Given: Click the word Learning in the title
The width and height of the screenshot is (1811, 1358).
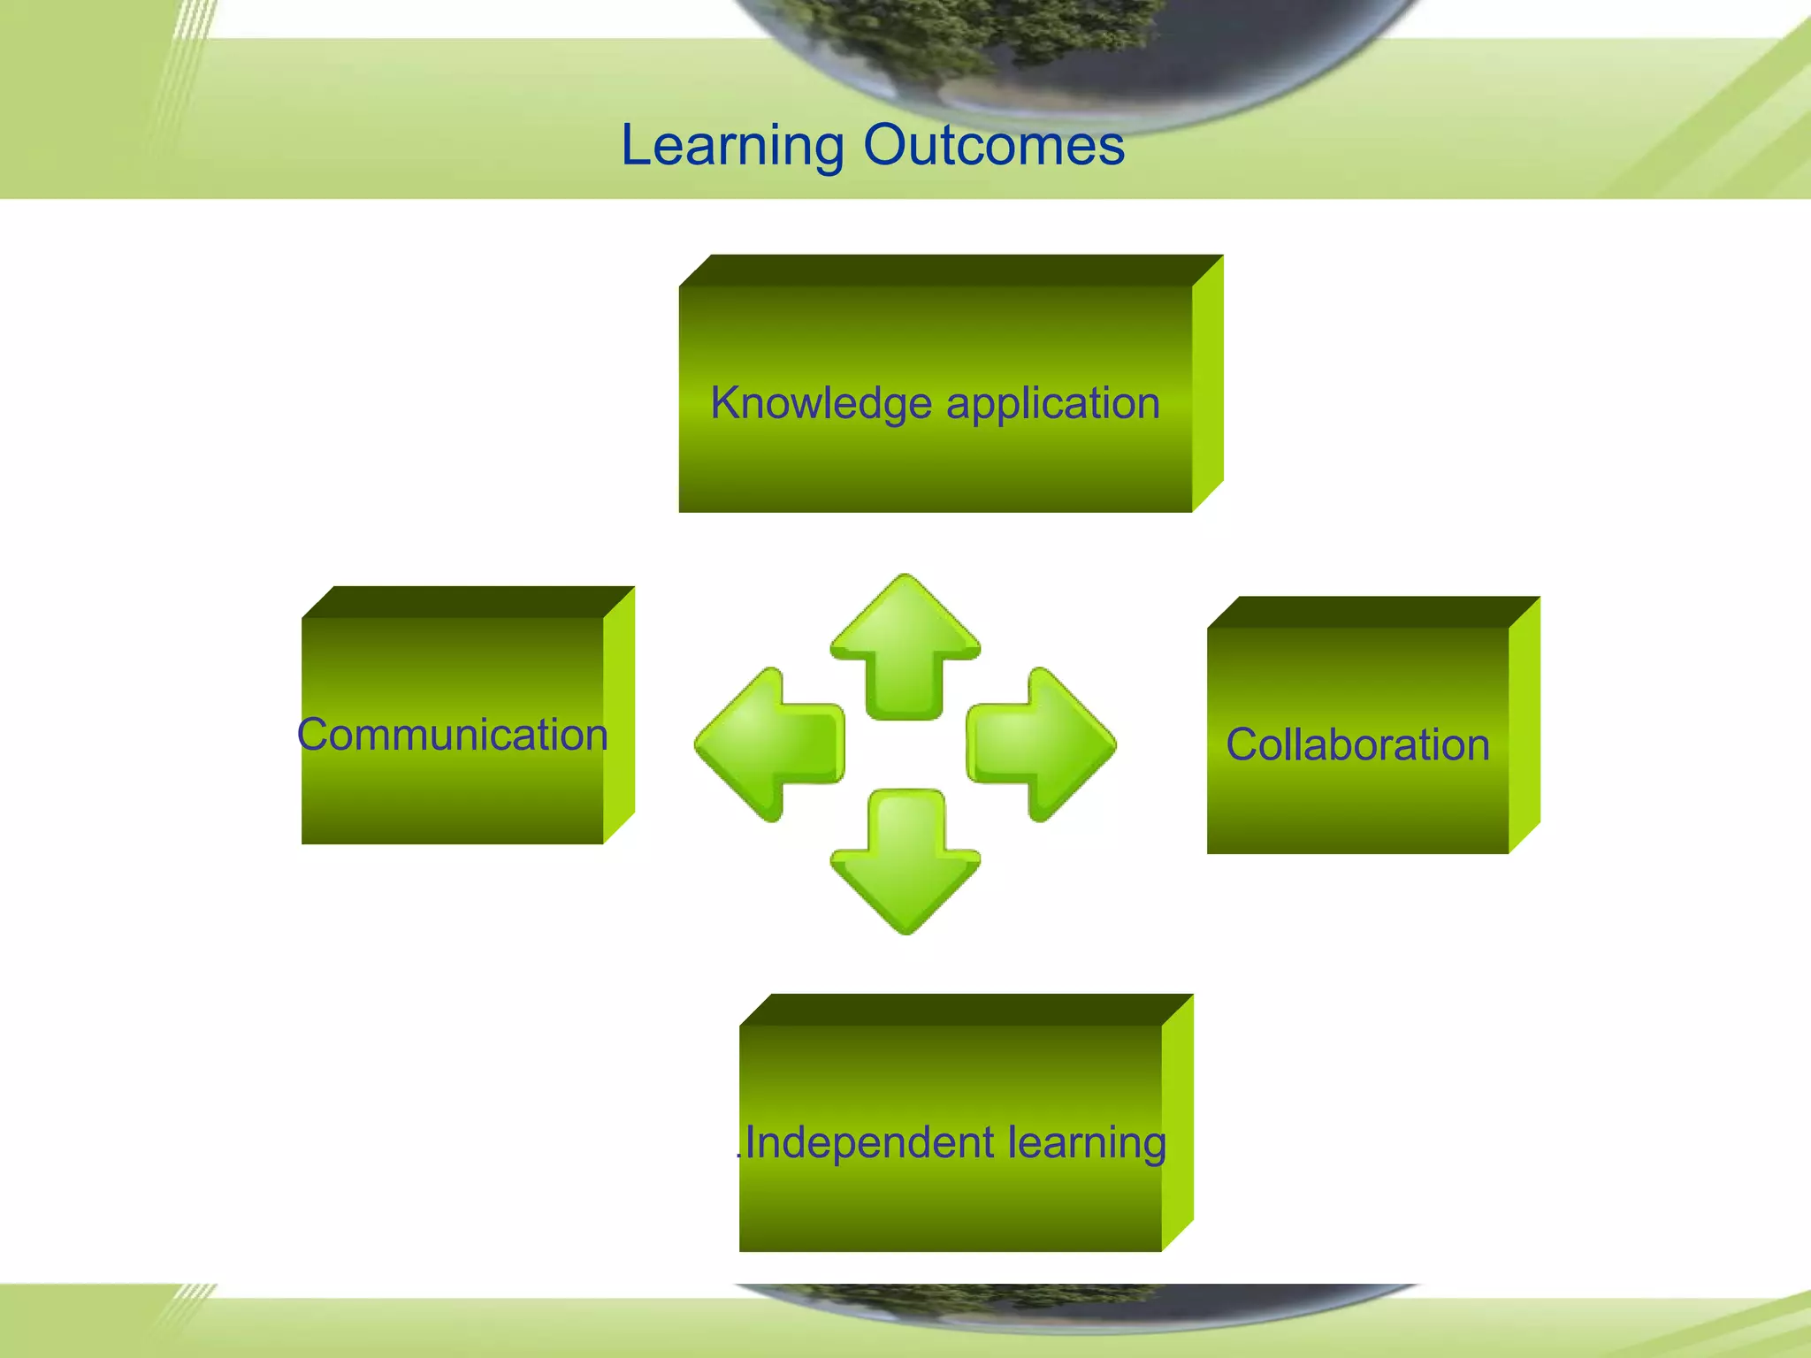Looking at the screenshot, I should click(x=732, y=146).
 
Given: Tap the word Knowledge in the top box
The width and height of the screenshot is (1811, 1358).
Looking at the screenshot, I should click(x=821, y=404).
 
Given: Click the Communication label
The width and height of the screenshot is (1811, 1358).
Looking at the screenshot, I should click(x=452, y=735).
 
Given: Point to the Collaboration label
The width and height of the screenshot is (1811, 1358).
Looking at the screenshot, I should click(x=1357, y=744).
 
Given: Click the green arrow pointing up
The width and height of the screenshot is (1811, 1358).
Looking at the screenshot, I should click(x=905, y=645).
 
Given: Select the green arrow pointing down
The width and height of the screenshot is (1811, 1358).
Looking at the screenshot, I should click(x=905, y=862).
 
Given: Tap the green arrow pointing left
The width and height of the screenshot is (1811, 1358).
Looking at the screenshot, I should click(x=769, y=744).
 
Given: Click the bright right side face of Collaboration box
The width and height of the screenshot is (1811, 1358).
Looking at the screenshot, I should click(x=1524, y=725).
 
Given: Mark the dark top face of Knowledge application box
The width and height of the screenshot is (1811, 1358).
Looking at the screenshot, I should click(x=951, y=271).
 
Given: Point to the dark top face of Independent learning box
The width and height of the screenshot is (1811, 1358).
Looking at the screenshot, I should click(x=966, y=1010).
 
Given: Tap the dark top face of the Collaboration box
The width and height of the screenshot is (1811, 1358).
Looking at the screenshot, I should click(x=1372, y=612).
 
